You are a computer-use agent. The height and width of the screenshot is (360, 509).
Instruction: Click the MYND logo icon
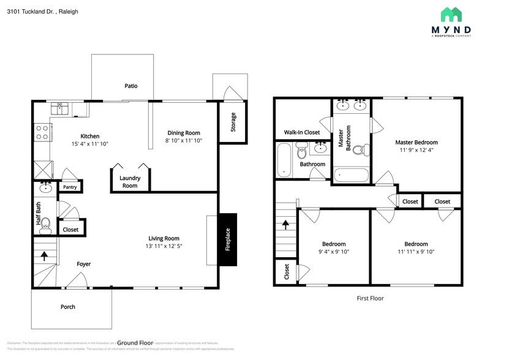coord(451,15)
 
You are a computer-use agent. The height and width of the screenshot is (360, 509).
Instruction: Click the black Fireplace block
coord(228,239)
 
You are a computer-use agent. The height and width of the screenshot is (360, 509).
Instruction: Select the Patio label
coord(130,86)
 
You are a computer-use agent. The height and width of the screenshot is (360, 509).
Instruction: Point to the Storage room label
coord(233,122)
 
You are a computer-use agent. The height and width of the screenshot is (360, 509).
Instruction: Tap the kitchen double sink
coord(61,108)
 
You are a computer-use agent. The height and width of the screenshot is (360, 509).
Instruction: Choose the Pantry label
coord(70,187)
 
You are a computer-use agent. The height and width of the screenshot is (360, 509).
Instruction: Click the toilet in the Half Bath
coord(45,223)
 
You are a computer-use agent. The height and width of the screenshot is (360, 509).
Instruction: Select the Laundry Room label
coord(130,182)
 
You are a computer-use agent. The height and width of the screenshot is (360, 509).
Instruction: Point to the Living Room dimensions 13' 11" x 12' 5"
coord(164,246)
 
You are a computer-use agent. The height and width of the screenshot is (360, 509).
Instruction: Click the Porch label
coord(68,307)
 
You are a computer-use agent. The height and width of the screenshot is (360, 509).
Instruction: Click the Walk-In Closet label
coord(301,132)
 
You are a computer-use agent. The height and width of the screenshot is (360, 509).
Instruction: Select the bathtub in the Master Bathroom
coord(352,175)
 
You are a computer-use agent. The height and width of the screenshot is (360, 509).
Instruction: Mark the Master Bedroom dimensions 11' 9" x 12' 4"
coord(417,150)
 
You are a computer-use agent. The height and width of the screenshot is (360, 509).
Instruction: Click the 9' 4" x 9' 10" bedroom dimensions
coord(334,252)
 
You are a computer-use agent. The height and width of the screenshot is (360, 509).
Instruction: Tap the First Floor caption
coord(370,298)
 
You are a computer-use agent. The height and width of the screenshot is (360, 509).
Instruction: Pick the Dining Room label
coord(184,133)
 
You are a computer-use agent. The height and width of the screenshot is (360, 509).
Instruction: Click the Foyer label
coord(83,264)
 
